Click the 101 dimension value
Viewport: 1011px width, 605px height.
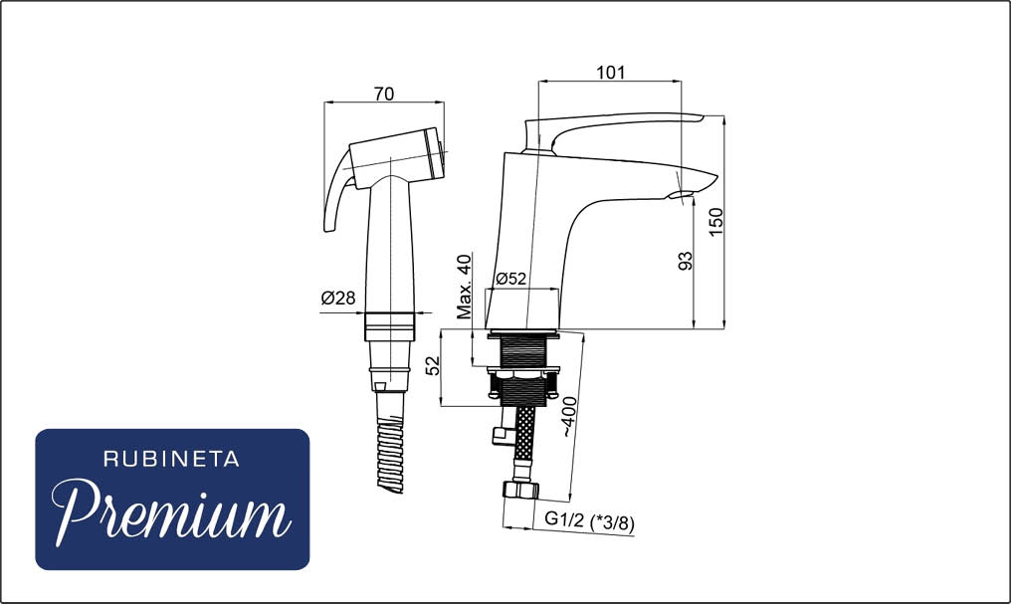[x=610, y=72]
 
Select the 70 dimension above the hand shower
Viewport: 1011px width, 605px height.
[x=384, y=94]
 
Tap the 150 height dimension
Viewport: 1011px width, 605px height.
[x=716, y=222]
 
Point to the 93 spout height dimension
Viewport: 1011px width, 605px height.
[x=686, y=261]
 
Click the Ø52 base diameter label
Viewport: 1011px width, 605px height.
[x=511, y=279]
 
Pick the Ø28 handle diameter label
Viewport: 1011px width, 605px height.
[x=338, y=298]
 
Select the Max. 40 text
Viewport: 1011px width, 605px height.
[x=465, y=287]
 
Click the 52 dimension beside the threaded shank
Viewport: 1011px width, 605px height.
[x=434, y=366]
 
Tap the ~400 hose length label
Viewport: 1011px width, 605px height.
[x=569, y=417]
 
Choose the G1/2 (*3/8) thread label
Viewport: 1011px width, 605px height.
[x=589, y=520]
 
